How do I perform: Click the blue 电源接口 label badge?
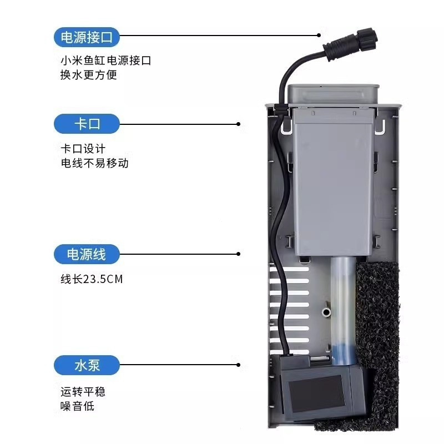pos(87,37)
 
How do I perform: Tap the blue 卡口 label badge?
pos(87,124)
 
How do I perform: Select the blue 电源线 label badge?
pos(87,254)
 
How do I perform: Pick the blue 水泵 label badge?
pos(87,365)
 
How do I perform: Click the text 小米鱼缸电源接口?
pos(106,60)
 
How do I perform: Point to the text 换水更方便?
pos(89,75)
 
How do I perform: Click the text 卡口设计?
pos(83,149)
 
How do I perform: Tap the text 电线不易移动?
pos(94,163)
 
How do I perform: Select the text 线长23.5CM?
pos(92,279)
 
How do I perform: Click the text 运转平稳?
pos(83,392)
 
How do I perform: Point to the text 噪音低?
pos(77,406)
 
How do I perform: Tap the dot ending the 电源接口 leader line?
pos(319,35)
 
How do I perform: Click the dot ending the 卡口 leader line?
pos(239,124)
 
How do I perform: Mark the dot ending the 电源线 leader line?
pos(239,254)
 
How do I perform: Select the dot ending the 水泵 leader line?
pos(239,365)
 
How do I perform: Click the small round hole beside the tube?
pos(326,312)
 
